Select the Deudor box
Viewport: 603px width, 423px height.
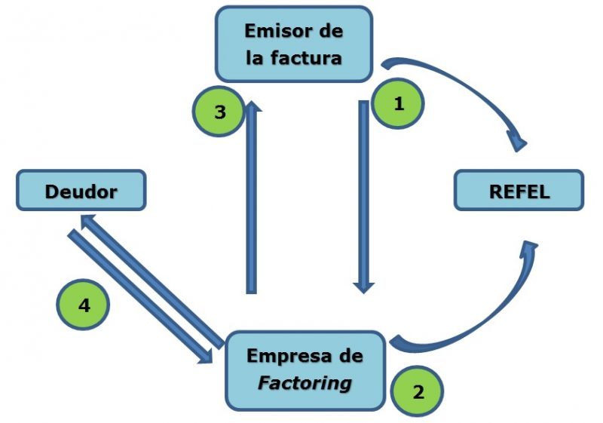tap(81, 191)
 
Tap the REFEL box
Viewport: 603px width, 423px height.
tap(519, 191)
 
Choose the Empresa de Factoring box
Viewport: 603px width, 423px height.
tap(305, 370)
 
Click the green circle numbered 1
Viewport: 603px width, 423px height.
tap(398, 105)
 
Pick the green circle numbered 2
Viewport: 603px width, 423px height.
tap(417, 392)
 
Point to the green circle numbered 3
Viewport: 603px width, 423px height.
tap(219, 113)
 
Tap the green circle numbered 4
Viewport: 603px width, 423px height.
tap(84, 305)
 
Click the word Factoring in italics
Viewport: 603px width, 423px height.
tap(305, 382)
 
